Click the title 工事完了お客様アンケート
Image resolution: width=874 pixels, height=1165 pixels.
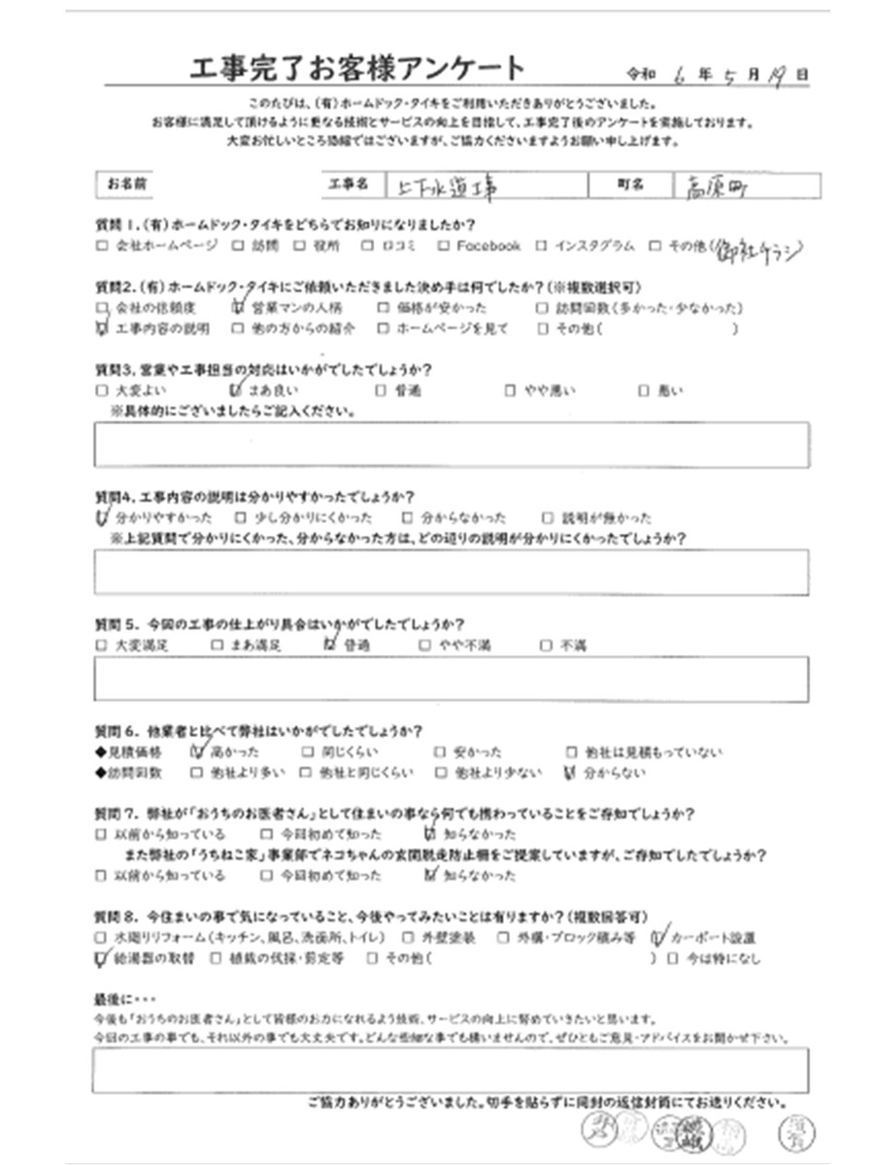[x=359, y=69]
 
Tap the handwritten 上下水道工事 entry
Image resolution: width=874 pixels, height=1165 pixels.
[x=442, y=186]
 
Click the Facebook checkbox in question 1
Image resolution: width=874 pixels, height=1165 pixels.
[x=444, y=247]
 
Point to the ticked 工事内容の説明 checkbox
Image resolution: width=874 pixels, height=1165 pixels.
[x=102, y=329]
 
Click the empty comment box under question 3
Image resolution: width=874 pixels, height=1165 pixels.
[x=452, y=446]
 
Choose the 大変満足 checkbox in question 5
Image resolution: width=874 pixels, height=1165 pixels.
[x=102, y=645]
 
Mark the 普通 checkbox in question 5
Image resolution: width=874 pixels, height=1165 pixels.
[x=328, y=645]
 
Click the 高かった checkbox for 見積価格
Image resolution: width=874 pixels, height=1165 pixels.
[x=200, y=751]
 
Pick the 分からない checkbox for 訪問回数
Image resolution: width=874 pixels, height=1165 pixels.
[x=570, y=773]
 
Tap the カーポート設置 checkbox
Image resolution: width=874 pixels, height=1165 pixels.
[x=658, y=938]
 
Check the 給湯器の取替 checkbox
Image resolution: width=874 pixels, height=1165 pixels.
[x=102, y=959]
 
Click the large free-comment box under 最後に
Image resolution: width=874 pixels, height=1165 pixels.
[x=452, y=1071]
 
